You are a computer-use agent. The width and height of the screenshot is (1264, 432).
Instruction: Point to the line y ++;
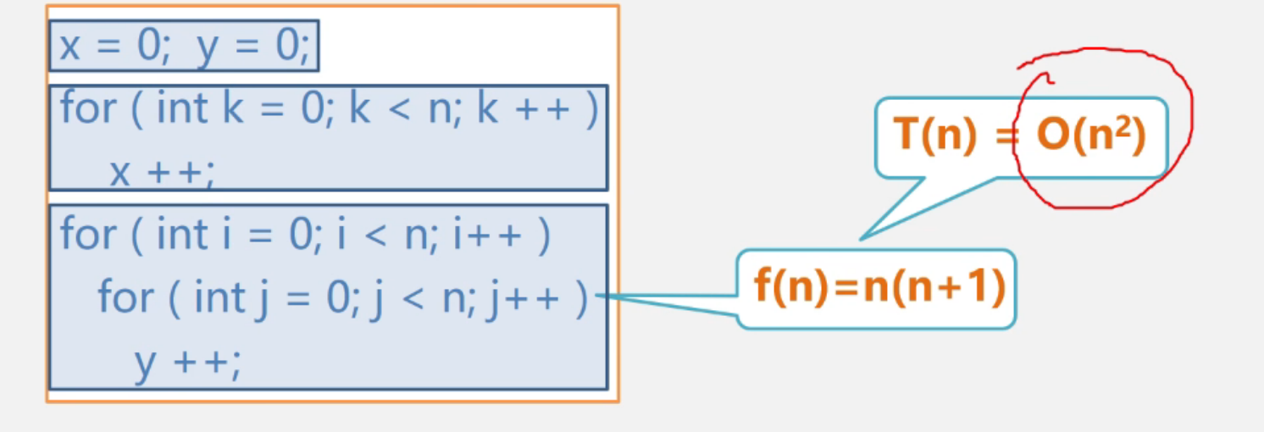187,363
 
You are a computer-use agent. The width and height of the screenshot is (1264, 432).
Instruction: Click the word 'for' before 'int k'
87,109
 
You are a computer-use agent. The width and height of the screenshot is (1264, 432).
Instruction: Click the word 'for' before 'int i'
87,235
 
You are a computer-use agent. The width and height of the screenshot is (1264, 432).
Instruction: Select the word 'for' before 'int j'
125,297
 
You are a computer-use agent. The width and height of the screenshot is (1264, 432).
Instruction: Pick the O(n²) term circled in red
1090,136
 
